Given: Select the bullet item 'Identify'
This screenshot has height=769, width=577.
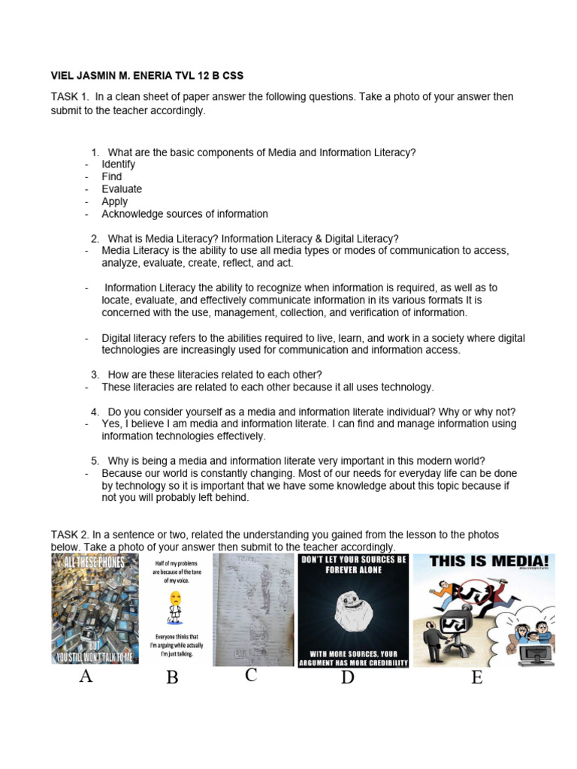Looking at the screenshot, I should click(118, 164).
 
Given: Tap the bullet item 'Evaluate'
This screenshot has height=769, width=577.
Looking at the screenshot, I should click(122, 189).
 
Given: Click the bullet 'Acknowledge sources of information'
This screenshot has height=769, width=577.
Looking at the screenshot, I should click(185, 214).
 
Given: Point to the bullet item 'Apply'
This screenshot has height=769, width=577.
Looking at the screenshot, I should click(115, 201).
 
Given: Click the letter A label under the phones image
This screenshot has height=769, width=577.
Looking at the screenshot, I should click(86, 677).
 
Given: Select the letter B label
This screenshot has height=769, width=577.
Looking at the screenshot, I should click(172, 679).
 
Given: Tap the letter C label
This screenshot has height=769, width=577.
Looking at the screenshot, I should click(251, 676).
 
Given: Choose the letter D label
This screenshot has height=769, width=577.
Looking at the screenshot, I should click(347, 679).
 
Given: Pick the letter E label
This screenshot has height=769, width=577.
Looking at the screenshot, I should click(476, 679).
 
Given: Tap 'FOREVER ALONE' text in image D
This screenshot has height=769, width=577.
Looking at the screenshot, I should click(353, 570).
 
